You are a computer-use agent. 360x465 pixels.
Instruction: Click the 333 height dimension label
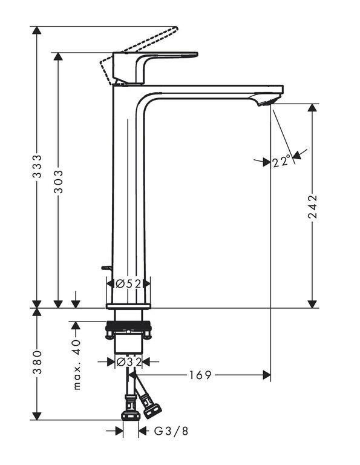click(37, 167)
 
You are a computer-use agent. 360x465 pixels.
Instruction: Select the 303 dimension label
click(58, 182)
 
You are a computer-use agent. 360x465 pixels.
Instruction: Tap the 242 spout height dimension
click(312, 206)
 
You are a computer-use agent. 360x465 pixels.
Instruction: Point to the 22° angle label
click(281, 162)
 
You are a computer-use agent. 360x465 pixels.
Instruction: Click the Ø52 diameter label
click(128, 284)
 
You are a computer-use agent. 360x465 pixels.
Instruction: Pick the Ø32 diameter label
click(129, 362)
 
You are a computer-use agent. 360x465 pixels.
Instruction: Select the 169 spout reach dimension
click(200, 375)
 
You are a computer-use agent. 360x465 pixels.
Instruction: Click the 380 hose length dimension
click(37, 362)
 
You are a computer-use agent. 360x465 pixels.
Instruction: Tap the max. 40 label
click(76, 364)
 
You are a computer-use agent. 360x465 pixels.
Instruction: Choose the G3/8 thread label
click(171, 431)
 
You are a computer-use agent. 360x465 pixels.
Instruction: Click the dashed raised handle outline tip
click(177, 28)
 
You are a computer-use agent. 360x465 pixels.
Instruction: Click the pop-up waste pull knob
click(106, 268)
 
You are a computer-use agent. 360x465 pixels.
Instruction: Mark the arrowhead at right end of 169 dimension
click(267, 375)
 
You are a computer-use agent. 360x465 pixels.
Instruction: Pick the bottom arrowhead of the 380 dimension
click(37, 415)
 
